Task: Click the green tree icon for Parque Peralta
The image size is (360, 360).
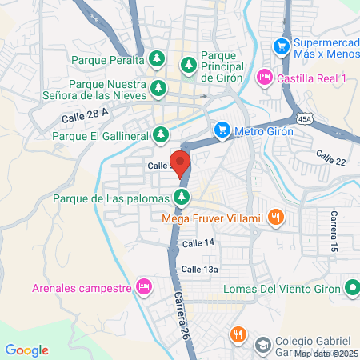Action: pyautogui.click(x=158, y=60)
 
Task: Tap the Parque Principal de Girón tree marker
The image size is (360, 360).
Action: pyautogui.click(x=189, y=63)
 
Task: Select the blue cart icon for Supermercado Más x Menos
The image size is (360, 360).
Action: pyautogui.click(x=282, y=46)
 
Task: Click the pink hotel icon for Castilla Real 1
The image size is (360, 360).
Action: pyautogui.click(x=264, y=78)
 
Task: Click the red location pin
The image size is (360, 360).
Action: pyautogui.click(x=180, y=163)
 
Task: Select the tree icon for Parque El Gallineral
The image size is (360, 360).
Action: pyautogui.click(x=162, y=135)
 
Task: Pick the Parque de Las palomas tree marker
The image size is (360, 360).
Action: pyautogui.click(x=183, y=197)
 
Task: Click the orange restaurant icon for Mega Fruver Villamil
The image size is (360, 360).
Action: pyautogui.click(x=276, y=215)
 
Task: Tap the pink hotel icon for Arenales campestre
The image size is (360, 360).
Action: pyautogui.click(x=144, y=286)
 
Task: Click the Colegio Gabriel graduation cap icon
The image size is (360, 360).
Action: pyautogui.click(x=262, y=345)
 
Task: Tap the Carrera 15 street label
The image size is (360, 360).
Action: pyautogui.click(x=336, y=232)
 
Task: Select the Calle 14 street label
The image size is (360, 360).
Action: pyautogui.click(x=198, y=242)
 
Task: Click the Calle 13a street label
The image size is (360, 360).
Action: pyautogui.click(x=199, y=270)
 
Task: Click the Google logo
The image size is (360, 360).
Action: pyautogui.click(x=27, y=350)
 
